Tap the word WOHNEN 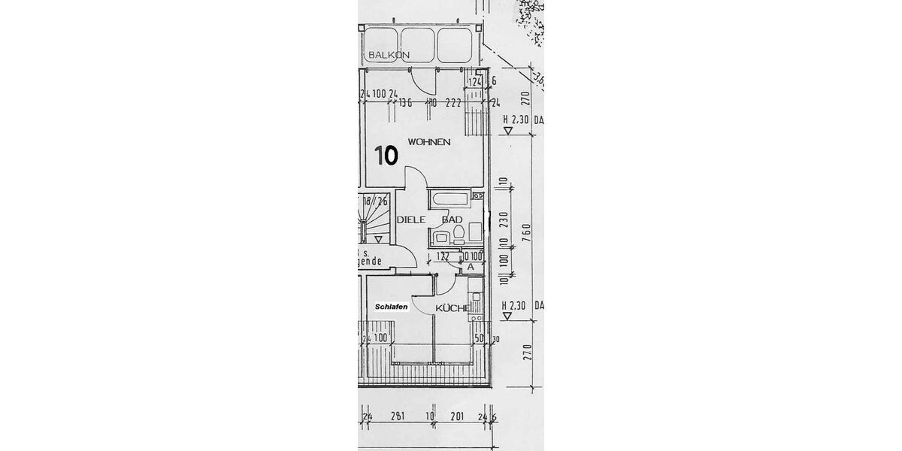click(x=428, y=141)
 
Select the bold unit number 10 click(x=386, y=156)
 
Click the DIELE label click(x=411, y=219)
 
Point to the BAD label click(x=452, y=219)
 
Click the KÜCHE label click(x=453, y=307)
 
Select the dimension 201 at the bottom click(x=456, y=416)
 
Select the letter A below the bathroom click(x=470, y=266)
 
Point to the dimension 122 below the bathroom click(x=443, y=256)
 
